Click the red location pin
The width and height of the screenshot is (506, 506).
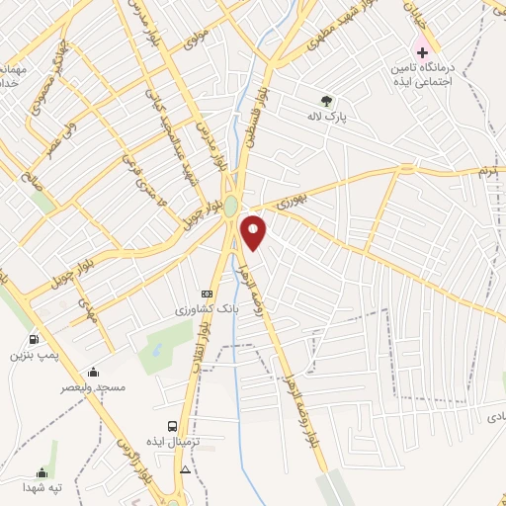tap(255, 232)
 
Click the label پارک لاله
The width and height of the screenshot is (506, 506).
tap(326, 117)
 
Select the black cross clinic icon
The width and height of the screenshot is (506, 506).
tap(422, 50)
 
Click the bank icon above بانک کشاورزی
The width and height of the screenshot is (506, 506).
tap(207, 294)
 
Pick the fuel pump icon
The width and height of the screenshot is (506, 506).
tap(35, 339)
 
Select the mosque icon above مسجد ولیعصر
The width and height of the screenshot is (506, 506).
tap(93, 372)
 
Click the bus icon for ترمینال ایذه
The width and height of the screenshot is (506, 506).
tap(173, 425)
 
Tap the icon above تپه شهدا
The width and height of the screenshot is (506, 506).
tap(42, 472)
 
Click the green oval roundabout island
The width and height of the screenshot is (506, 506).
tap(230, 206)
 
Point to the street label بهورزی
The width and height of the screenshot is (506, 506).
tap(292, 201)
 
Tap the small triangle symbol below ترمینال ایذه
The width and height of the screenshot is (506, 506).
tap(185, 469)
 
